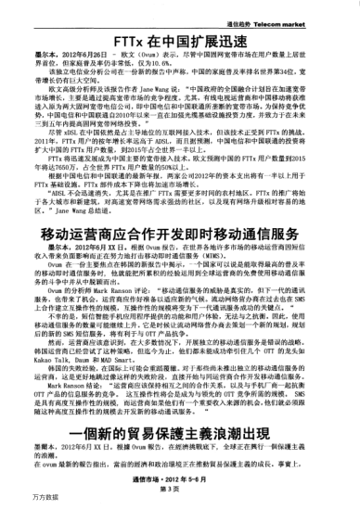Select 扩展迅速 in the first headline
(222, 42)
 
